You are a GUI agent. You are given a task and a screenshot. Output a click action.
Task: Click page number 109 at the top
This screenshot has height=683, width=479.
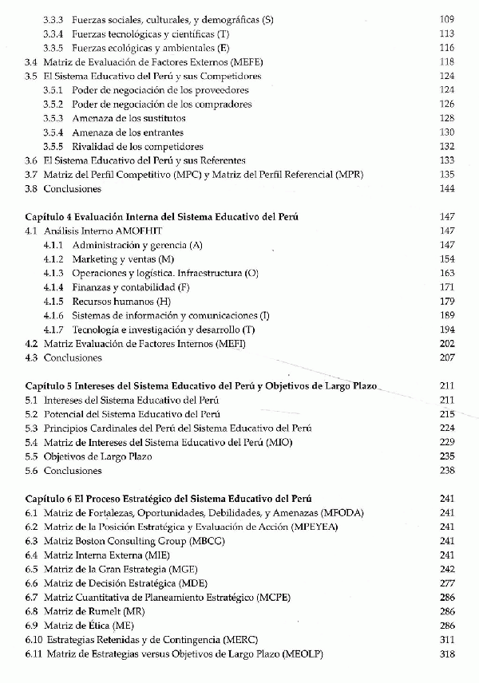[x=446, y=18]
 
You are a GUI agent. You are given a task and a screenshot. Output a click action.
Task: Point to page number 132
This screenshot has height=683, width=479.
[x=446, y=147]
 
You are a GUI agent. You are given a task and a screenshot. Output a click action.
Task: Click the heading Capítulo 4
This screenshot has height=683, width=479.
[x=52, y=217]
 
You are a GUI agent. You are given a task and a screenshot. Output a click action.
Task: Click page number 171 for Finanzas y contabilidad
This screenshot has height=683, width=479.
[x=446, y=287]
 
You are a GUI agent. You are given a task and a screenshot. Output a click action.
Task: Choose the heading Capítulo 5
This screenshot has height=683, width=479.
[x=52, y=385]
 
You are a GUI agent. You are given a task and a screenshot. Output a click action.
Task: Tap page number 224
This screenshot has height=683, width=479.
[x=446, y=428]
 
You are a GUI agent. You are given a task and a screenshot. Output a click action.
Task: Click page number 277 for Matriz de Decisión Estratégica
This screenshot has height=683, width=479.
[x=446, y=583]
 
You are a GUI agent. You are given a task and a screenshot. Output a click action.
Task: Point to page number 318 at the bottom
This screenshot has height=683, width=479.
[x=446, y=653]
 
